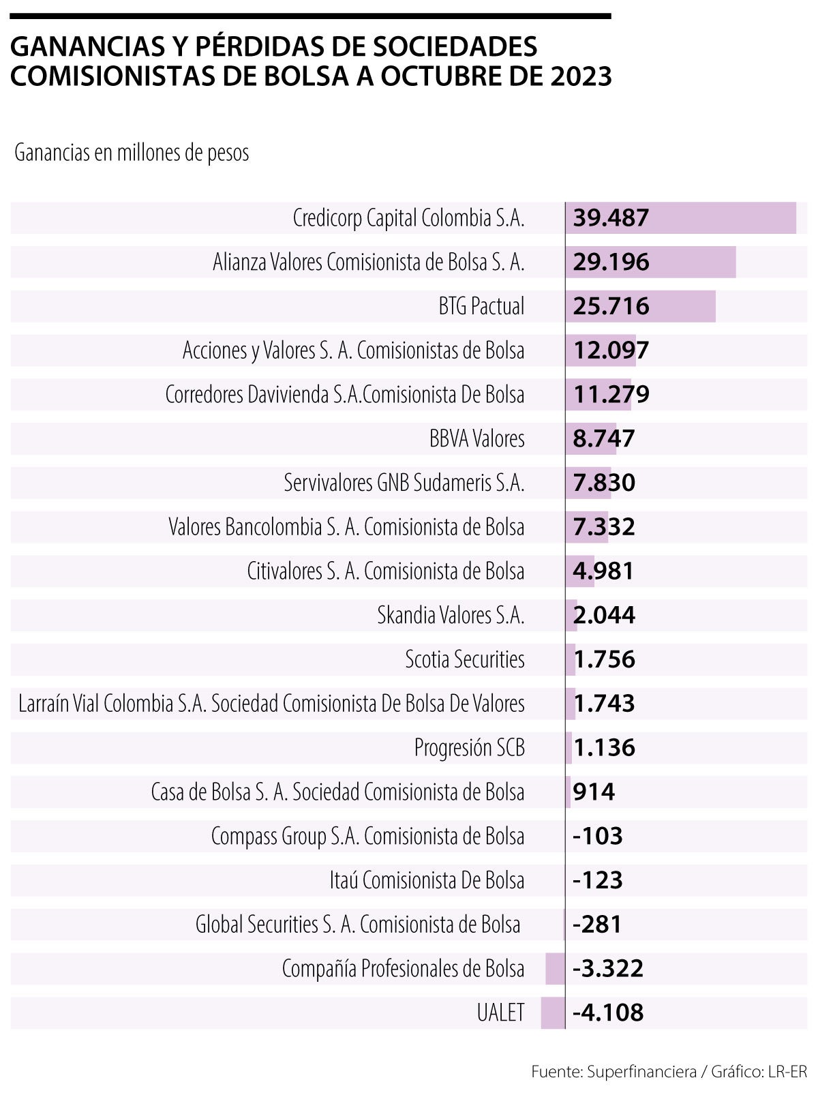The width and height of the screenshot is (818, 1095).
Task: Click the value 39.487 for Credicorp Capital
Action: click(611, 218)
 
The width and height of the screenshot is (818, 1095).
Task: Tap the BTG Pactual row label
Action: click(481, 306)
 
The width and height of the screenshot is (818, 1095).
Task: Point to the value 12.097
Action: click(611, 350)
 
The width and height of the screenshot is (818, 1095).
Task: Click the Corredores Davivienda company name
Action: click(345, 395)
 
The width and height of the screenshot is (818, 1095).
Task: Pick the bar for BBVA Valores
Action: click(590, 438)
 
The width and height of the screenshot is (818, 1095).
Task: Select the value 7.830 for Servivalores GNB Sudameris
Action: click(604, 483)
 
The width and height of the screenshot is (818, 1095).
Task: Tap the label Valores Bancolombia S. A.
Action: click(346, 527)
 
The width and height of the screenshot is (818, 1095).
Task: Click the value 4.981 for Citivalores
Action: click(604, 571)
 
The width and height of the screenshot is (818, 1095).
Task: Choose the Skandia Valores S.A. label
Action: click(451, 615)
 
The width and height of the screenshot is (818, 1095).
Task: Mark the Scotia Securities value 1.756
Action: click(604, 659)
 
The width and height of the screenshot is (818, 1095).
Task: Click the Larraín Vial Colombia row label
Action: click(271, 704)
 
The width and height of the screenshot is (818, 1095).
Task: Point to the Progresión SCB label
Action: click(469, 748)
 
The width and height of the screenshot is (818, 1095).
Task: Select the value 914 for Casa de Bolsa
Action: click(594, 792)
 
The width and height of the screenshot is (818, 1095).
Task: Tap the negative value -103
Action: click(597, 836)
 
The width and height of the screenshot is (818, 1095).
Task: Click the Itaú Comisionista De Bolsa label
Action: click(427, 880)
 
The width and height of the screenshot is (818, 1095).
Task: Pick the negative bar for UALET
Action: click(553, 1012)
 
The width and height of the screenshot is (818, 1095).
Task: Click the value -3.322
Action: click(607, 968)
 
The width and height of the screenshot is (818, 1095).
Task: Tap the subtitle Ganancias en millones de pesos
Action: click(132, 153)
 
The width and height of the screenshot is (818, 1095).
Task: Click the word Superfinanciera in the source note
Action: click(641, 1071)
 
